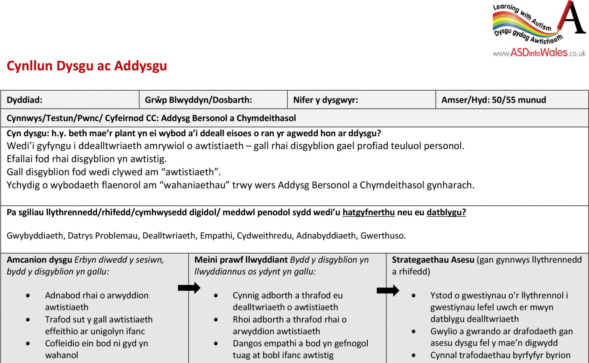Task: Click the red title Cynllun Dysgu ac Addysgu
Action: (87, 66)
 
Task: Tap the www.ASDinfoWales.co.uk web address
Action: (539, 53)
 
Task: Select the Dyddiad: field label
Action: (25, 100)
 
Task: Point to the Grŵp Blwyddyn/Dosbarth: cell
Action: (198, 100)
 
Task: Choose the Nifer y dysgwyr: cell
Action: (325, 100)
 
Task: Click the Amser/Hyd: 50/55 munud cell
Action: (494, 100)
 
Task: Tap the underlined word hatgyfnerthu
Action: (369, 212)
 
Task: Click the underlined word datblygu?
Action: (446, 212)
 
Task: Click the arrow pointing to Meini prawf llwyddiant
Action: (189, 288)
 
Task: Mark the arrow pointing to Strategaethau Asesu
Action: (388, 290)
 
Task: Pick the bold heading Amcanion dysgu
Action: (39, 260)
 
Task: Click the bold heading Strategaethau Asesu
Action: (433, 260)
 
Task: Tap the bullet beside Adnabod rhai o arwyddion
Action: (28, 296)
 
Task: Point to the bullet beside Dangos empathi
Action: (216, 344)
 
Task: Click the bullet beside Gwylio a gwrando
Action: (413, 332)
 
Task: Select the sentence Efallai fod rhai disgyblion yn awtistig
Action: (87, 159)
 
